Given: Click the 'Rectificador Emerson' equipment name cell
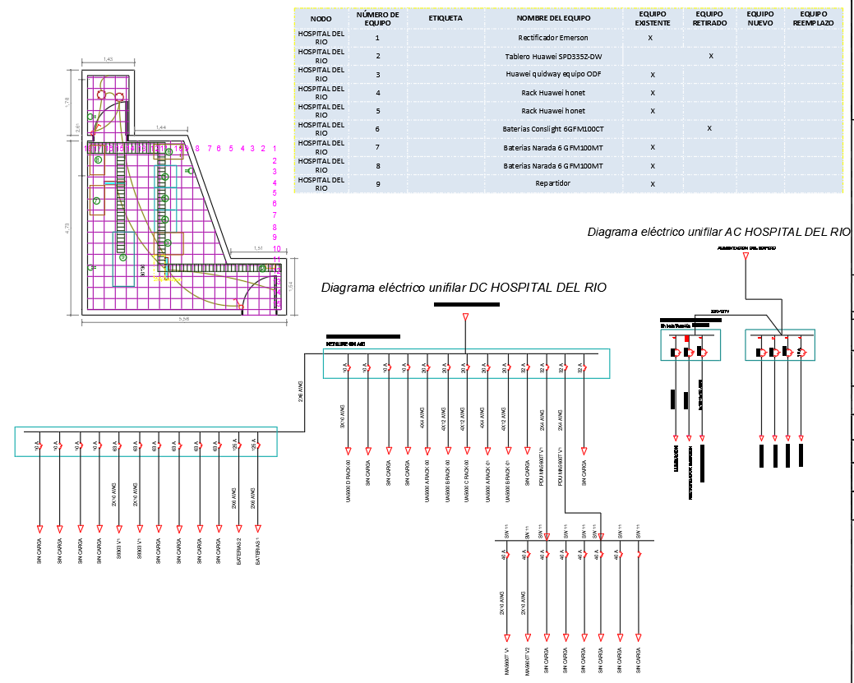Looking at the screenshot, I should click(x=552, y=38).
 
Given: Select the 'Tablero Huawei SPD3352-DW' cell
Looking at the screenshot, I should click(x=552, y=56).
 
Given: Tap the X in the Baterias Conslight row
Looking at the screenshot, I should click(x=709, y=128).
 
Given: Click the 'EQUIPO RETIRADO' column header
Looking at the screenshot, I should click(x=709, y=19).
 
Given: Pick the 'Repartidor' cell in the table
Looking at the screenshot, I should click(x=552, y=183).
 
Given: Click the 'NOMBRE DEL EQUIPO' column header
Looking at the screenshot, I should click(x=552, y=18).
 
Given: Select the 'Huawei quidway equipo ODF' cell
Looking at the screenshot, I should click(x=552, y=74).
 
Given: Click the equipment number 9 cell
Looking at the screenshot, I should click(x=377, y=183).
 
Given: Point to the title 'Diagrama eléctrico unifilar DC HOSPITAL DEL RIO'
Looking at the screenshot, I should click(x=464, y=288).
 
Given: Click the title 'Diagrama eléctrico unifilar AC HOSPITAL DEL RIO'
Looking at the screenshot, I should click(x=718, y=233).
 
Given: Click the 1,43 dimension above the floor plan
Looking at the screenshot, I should click(x=108, y=60).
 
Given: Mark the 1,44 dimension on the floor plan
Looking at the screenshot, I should click(x=161, y=127).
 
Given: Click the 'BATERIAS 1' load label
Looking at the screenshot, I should click(x=258, y=551).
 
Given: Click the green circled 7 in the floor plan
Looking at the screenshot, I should click(x=96, y=201).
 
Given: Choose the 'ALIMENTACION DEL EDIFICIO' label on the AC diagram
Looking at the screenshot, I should click(x=746, y=247).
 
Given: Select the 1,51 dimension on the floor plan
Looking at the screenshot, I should click(x=257, y=248).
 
